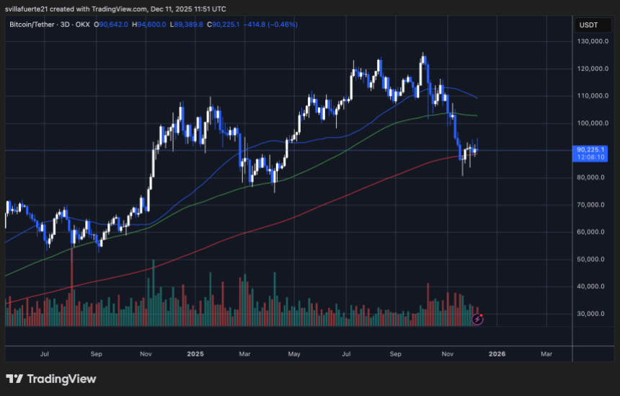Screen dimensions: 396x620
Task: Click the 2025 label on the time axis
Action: pyautogui.click(x=195, y=354)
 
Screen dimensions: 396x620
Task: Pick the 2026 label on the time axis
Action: pyautogui.click(x=497, y=354)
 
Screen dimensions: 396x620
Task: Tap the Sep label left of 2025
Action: pyautogui.click(x=97, y=354)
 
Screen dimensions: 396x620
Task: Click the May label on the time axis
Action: pyautogui.click(x=293, y=354)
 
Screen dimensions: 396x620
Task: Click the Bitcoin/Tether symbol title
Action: pyautogui.click(x=35, y=25)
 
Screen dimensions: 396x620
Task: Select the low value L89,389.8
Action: pyautogui.click(x=187, y=25)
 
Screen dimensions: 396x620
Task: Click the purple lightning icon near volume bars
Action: pyautogui.click(x=477, y=318)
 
